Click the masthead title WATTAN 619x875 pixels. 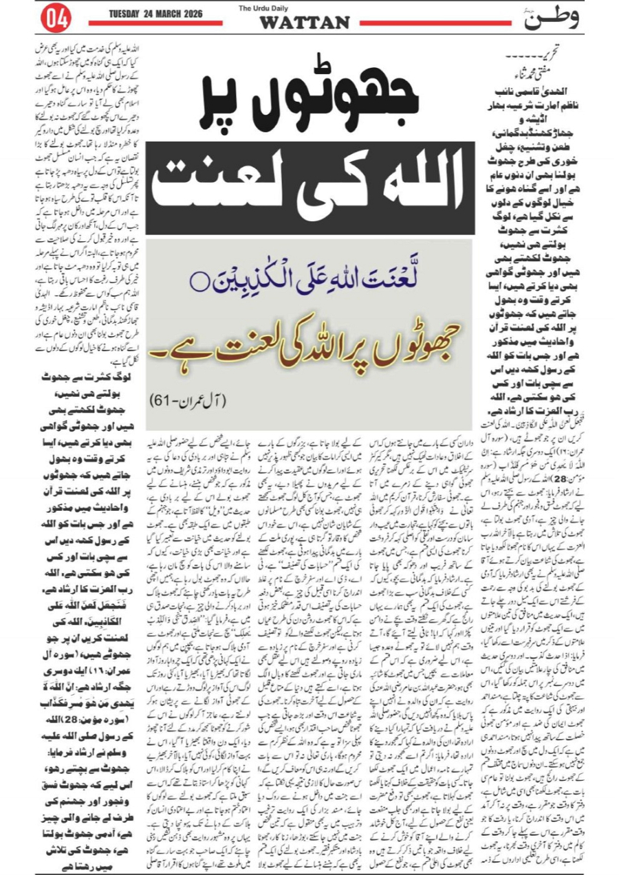click(304, 23)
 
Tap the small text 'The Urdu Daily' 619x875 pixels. click(261, 8)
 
